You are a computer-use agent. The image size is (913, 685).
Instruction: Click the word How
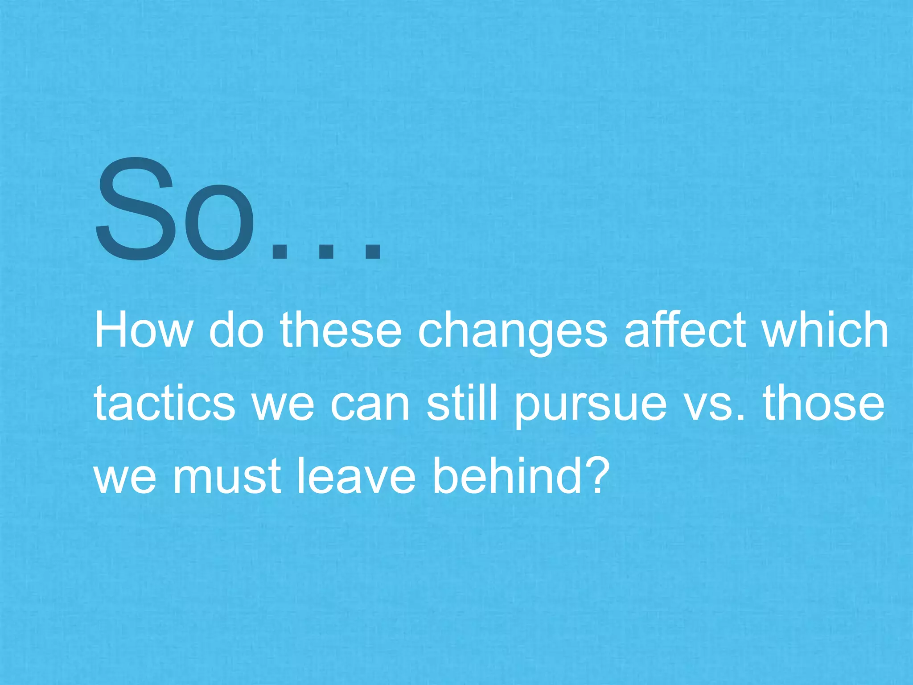[143, 330]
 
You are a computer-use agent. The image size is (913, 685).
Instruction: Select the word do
[236, 330]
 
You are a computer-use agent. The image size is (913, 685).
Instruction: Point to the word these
[341, 330]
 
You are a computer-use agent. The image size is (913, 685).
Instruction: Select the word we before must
[126, 479]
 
